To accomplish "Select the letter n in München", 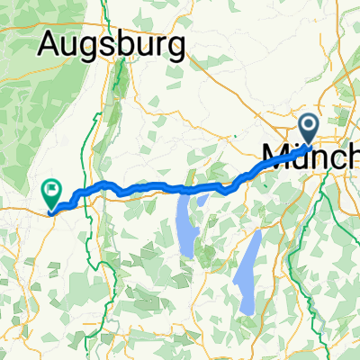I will click(x=319, y=159).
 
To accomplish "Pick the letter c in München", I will click(x=337, y=159).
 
